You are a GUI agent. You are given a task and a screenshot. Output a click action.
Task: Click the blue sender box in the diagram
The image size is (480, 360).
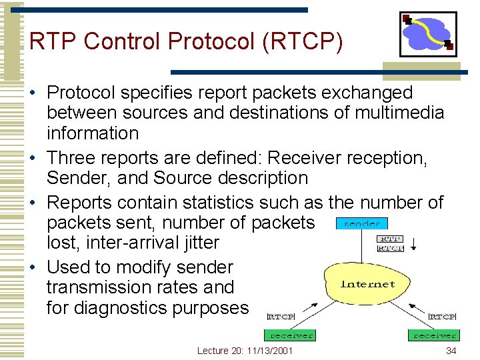tap(362, 223)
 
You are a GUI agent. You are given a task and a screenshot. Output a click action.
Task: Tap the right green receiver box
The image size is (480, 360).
tap(435, 335)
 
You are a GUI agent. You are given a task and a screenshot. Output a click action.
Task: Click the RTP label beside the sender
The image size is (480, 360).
tap(390, 238)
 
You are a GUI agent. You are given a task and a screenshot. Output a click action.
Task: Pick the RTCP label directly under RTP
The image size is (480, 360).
tap(390, 248)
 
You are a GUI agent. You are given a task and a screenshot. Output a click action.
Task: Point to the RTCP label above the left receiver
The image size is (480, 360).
tap(281, 317)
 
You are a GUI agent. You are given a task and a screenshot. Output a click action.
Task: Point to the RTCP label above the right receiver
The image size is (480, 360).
tap(443, 317)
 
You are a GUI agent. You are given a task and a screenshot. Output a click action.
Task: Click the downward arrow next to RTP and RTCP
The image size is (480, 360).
tap(414, 243)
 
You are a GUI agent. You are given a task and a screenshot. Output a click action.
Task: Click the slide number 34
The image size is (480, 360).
tap(451, 351)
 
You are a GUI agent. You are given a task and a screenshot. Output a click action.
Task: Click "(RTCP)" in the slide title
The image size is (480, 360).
tap(304, 41)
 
